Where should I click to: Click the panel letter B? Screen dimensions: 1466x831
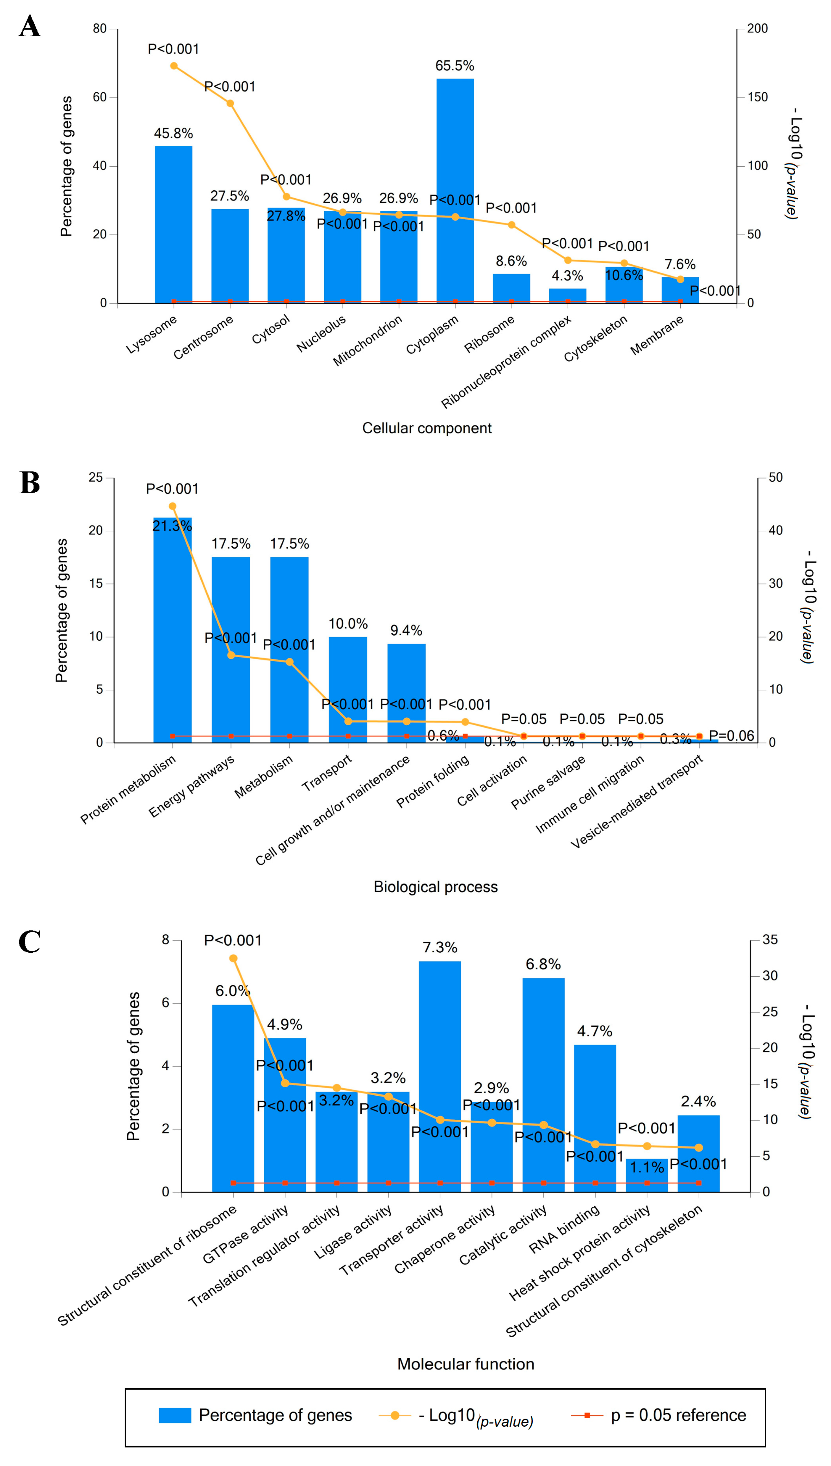(x=30, y=482)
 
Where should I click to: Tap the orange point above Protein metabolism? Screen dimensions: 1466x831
(x=172, y=506)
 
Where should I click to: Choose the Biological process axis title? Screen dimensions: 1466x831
(x=436, y=887)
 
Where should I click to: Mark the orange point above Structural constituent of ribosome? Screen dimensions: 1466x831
(x=233, y=959)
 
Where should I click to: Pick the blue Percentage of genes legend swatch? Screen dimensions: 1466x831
(x=175, y=1415)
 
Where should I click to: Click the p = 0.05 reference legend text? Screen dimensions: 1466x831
(x=678, y=1415)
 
